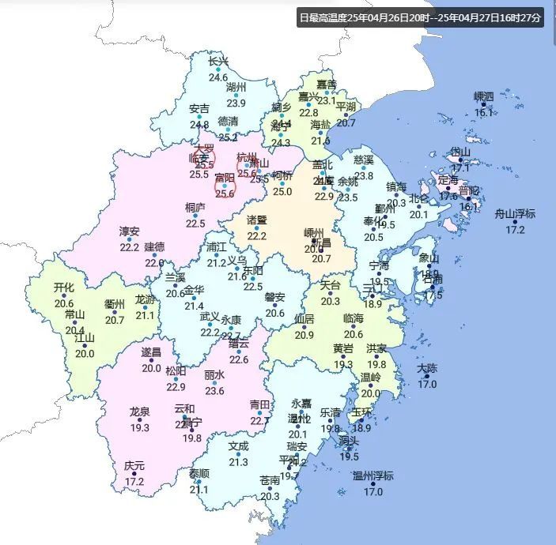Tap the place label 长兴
click(x=218, y=62)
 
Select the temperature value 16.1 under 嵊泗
click(x=483, y=113)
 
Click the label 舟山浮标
click(x=515, y=214)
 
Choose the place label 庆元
click(x=134, y=466)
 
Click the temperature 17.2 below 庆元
click(x=134, y=481)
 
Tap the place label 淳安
click(x=129, y=231)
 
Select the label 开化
click(x=63, y=288)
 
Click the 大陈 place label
click(x=427, y=369)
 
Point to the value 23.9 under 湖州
click(x=236, y=103)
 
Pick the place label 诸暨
click(x=257, y=220)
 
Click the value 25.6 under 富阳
click(x=225, y=194)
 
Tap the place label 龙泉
click(x=140, y=412)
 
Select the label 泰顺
click(x=199, y=474)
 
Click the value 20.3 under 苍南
click(x=270, y=496)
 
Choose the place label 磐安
click(x=274, y=297)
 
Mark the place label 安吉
click(x=199, y=109)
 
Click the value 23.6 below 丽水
click(x=214, y=390)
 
